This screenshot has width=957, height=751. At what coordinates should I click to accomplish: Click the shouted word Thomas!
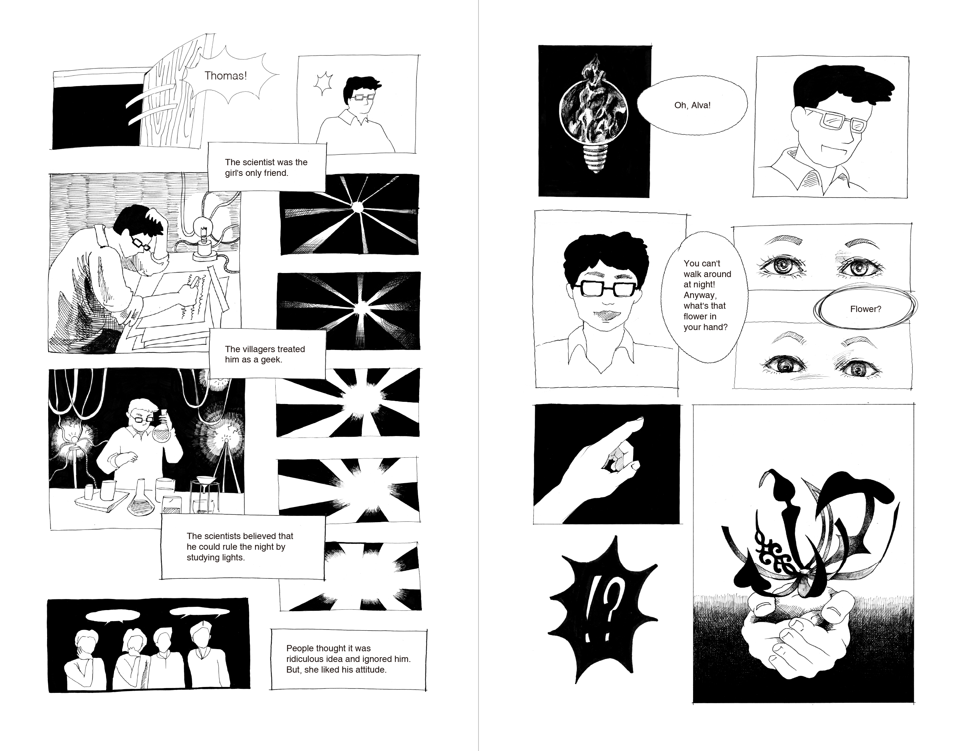pyautogui.click(x=225, y=76)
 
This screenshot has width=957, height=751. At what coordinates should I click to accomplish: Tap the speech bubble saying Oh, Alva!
pyautogui.click(x=692, y=105)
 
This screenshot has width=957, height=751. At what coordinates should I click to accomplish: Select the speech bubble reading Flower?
pyautogui.click(x=865, y=309)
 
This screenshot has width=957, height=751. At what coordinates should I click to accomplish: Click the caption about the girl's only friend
pyautogui.click(x=267, y=167)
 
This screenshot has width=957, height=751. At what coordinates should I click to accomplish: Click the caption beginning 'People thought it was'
pyautogui.click(x=348, y=659)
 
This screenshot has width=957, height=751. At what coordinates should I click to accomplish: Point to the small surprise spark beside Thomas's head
pyautogui.click(x=324, y=84)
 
